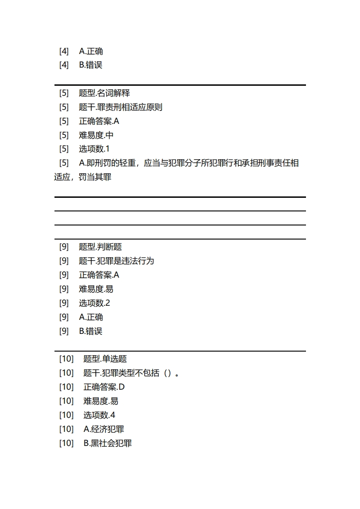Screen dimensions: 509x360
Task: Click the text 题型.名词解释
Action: pyautogui.click(x=104, y=93)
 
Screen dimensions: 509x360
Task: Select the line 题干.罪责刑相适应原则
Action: pyautogui.click(x=120, y=107)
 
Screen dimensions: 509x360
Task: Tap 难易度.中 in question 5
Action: pyautogui.click(x=96, y=135)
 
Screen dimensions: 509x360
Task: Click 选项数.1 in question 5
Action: pyautogui.click(x=94, y=149)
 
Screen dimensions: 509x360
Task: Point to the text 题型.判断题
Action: pyautogui.click(x=100, y=247)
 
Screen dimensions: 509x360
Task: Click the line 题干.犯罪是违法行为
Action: pyautogui.click(x=116, y=261)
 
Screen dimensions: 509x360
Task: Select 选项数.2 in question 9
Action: pyautogui.click(x=94, y=303)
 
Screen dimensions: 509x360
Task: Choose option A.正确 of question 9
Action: pyautogui.click(x=91, y=317)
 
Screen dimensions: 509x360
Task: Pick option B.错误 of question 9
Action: pyautogui.click(x=91, y=331)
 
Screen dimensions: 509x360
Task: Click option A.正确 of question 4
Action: pyautogui.click(x=91, y=51)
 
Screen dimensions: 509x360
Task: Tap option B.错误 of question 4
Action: pyautogui.click(x=91, y=65)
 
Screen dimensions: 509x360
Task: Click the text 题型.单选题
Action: pyautogui.click(x=105, y=359)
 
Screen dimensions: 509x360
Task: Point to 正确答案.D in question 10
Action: pyautogui.click(x=104, y=387)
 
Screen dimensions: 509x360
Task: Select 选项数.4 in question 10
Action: pyautogui.click(x=99, y=415)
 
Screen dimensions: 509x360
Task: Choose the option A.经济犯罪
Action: pyautogui.click(x=104, y=429)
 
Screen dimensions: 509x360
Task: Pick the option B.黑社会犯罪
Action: pyautogui.click(x=108, y=443)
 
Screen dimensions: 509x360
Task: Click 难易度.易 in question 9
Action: pyautogui.click(x=96, y=289)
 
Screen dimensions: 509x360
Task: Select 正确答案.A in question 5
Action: pyautogui.click(x=99, y=121)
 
